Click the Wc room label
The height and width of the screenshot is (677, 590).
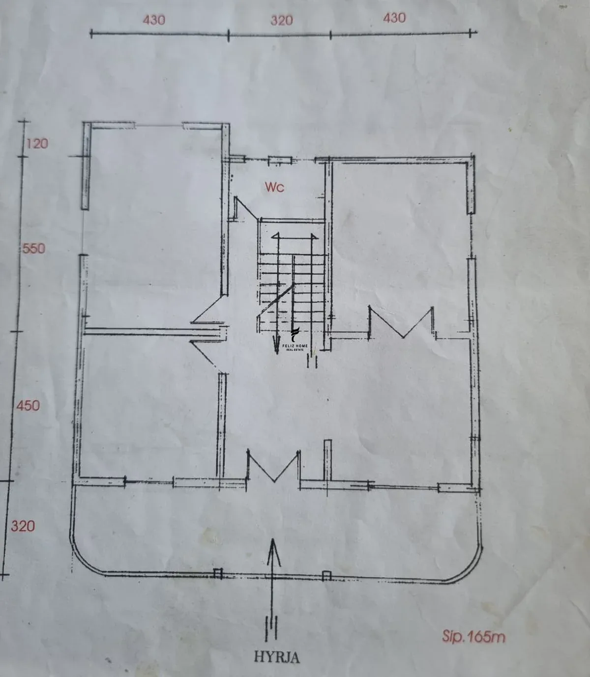tap(274, 187)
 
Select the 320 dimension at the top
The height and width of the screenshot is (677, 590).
tap(282, 21)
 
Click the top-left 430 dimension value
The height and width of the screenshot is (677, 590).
tap(154, 20)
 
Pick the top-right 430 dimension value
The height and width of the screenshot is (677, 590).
tap(394, 18)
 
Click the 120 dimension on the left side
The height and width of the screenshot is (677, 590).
tap(37, 143)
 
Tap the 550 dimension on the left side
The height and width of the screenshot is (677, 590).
tap(33, 248)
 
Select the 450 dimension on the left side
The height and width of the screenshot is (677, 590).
tap(28, 405)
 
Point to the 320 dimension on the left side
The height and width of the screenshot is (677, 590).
tap(23, 526)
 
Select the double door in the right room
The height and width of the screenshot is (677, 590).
tap(401, 323)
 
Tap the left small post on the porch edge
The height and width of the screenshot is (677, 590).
tap(218, 573)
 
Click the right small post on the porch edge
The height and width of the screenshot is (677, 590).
tap(326, 576)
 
